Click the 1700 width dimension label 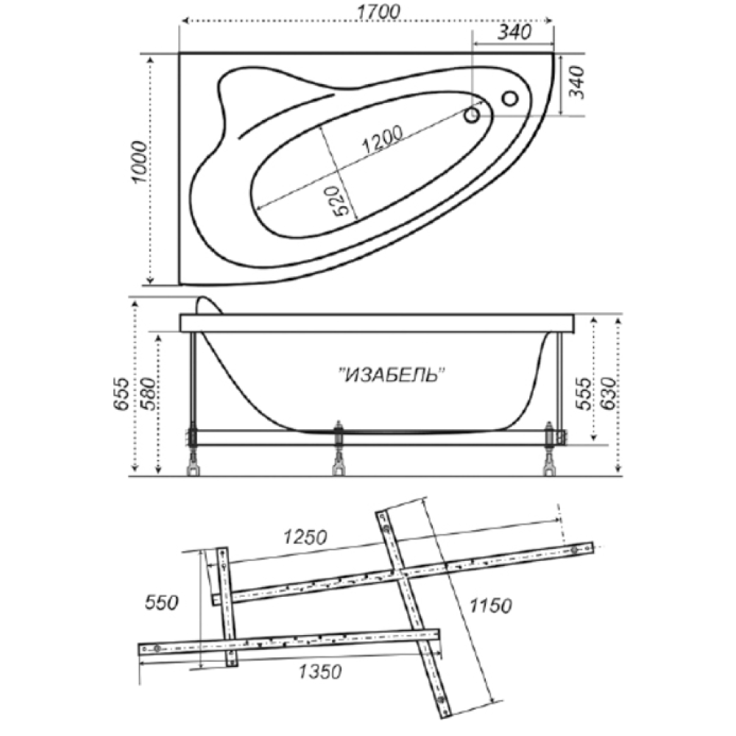[x=378, y=12]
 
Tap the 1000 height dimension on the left [x=140, y=162]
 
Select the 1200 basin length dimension [x=382, y=139]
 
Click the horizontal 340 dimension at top [x=514, y=32]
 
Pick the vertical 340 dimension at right [x=577, y=82]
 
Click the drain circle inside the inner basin [x=472, y=115]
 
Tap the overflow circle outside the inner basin [x=510, y=99]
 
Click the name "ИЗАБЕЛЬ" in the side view [x=391, y=375]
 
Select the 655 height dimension [x=121, y=393]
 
